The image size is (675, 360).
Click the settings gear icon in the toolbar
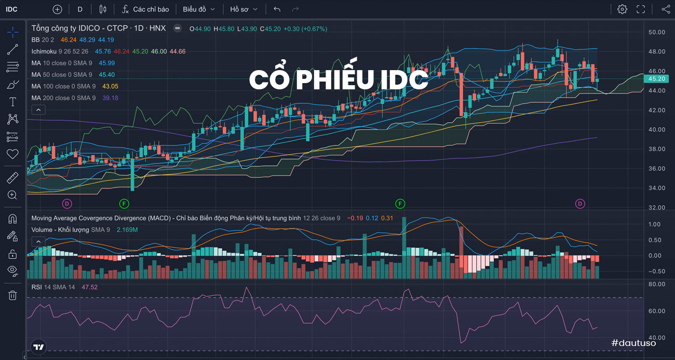click(x=622, y=9)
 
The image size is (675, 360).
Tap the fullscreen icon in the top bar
click(x=641, y=9)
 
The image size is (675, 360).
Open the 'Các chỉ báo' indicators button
click(x=145, y=9)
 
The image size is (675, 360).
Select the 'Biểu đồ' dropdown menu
click(x=199, y=9)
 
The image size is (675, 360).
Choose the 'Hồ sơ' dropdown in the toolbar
click(x=244, y=9)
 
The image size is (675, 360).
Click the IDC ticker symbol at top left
click(x=11, y=9)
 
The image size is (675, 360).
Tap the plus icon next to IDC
click(x=57, y=9)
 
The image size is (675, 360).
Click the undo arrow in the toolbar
click(x=277, y=9)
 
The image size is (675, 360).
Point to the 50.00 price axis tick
click(x=657, y=32)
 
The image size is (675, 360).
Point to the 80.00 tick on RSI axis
click(x=657, y=284)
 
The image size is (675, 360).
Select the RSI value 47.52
click(x=89, y=287)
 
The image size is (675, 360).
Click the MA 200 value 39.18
click(x=110, y=98)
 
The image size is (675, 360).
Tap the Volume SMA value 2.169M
click(x=127, y=230)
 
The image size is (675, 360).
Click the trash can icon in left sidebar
click(x=12, y=295)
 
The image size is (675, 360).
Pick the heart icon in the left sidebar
click(x=12, y=154)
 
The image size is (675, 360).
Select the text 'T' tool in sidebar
click(x=12, y=102)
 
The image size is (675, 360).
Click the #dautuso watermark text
click(x=633, y=343)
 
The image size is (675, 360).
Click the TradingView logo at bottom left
click(x=38, y=347)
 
